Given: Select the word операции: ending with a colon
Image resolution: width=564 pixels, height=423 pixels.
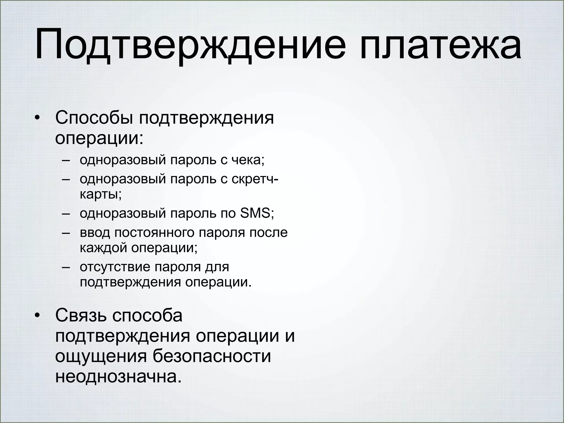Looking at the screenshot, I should click(x=99, y=138).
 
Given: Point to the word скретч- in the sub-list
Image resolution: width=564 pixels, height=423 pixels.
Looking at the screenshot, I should click(x=255, y=179).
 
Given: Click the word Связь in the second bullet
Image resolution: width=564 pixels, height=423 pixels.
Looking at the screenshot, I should click(x=81, y=316).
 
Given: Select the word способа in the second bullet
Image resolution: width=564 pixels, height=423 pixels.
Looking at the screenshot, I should click(x=147, y=316).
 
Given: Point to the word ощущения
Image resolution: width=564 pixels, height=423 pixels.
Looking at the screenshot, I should click(x=101, y=356).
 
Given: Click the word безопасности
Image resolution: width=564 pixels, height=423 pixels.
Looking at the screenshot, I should click(x=212, y=356).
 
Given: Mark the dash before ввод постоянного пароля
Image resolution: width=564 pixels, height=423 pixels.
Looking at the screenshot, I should click(x=66, y=233).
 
